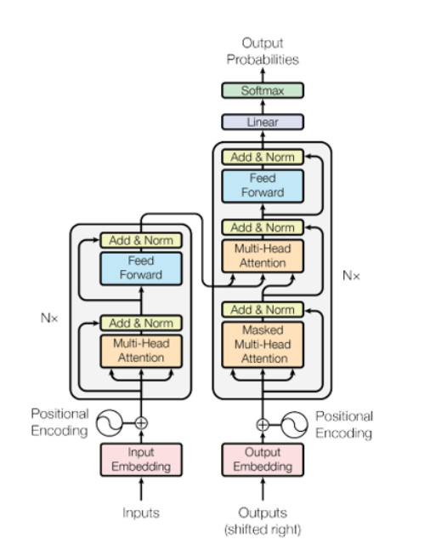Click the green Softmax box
pos(263,90)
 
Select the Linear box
pos(263,122)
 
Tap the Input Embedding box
pos(141,460)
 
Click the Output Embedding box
pos(263,460)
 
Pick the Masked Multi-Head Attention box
pos(263,345)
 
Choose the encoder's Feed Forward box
pos(141,268)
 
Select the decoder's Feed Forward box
pos(263,186)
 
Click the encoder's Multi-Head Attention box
pos(141,351)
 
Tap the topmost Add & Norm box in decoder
pos(263,157)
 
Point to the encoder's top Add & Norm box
pos(141,240)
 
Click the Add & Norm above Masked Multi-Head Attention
pos(263,309)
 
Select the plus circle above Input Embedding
pos(141,423)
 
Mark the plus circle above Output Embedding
pos(263,425)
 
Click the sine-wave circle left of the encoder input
pos(109,423)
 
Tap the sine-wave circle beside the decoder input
pos(294,425)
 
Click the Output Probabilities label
pos(263,51)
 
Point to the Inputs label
pos(141,513)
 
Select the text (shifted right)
pos(263,530)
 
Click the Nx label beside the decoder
pos(351,275)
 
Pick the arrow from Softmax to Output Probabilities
pos(263,75)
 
